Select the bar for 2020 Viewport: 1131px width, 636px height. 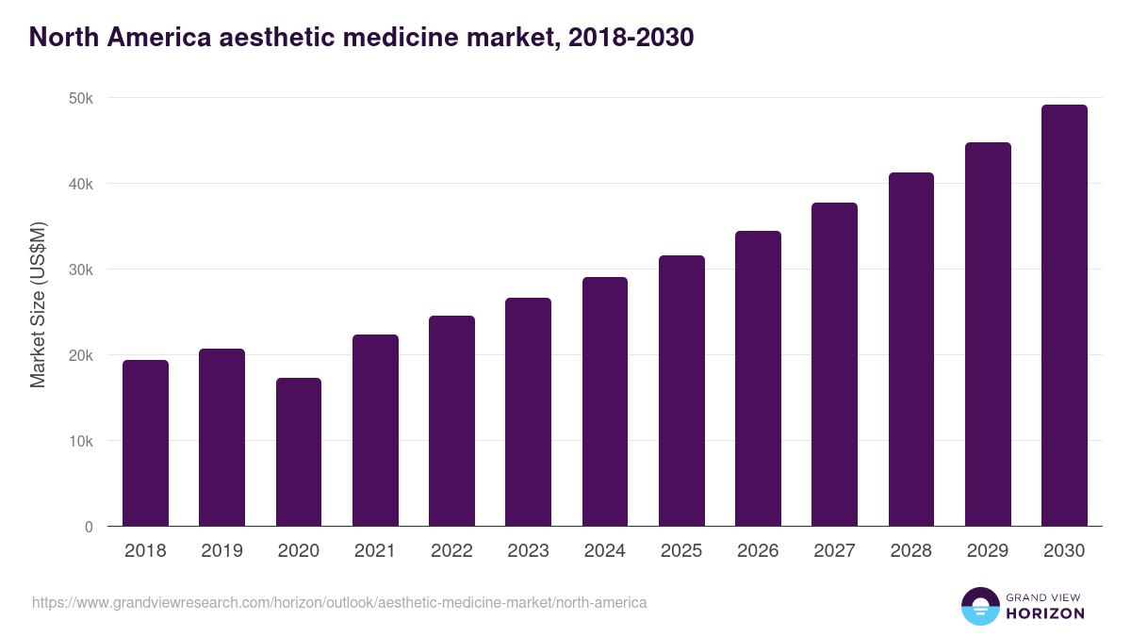(299, 452)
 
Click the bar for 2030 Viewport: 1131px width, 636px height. (1064, 316)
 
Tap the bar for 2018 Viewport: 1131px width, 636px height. (145, 443)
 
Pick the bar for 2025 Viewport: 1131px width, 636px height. (681, 391)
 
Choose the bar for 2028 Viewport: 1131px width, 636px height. (911, 350)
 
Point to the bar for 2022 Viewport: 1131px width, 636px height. (451, 421)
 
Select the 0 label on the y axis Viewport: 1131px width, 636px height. (89, 527)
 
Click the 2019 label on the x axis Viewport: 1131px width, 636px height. (221, 551)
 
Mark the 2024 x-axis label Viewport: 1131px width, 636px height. (604, 551)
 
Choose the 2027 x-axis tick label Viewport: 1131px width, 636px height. (834, 551)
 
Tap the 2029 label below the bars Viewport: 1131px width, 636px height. (988, 551)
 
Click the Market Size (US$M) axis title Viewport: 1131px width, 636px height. (38, 304)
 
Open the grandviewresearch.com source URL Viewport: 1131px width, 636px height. (339, 602)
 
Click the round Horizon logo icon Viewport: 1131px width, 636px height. (979, 606)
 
